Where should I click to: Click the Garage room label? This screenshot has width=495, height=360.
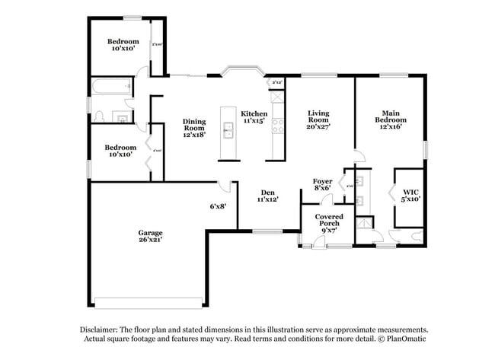point(150,232)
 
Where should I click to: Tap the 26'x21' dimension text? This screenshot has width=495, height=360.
point(150,240)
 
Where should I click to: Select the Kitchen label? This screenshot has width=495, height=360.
point(255,113)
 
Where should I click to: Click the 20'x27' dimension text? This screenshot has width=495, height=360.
point(318,127)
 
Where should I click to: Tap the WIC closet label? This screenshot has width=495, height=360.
point(411,192)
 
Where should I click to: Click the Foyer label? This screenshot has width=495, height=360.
point(322,180)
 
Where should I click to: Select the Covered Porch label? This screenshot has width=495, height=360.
point(329,220)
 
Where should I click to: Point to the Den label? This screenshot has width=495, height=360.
point(267,192)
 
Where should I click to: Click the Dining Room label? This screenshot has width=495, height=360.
point(194,124)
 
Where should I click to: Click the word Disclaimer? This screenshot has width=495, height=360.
point(103,329)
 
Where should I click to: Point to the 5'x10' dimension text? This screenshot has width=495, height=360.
point(411,199)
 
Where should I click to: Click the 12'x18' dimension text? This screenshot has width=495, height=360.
point(194,135)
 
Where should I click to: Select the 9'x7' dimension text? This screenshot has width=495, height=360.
point(329,230)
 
